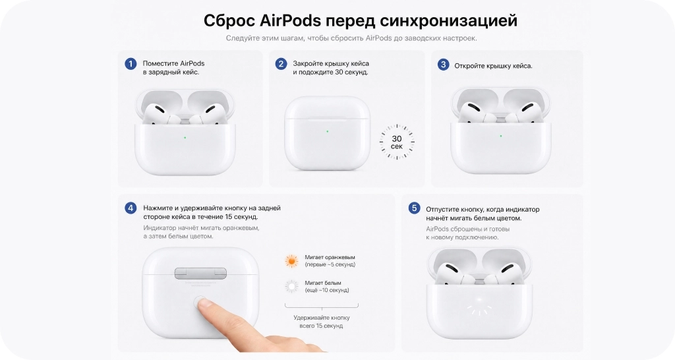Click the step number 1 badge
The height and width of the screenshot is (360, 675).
pyautogui.click(x=131, y=64)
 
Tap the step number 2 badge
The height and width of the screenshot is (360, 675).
pyautogui.click(x=281, y=64)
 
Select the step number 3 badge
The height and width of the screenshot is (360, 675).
pyautogui.click(x=443, y=65)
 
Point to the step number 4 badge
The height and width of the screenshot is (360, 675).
pyautogui.click(x=131, y=208)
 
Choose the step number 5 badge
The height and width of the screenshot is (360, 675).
pyautogui.click(x=414, y=208)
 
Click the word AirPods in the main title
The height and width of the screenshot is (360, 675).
pyautogui.click(x=291, y=20)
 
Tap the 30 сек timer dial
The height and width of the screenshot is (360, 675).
pyautogui.click(x=397, y=142)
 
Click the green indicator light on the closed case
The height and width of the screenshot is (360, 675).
pyautogui.click(x=327, y=131)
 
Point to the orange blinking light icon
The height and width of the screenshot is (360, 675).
pyautogui.click(x=292, y=260)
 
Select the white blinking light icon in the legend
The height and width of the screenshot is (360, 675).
pyautogui.click(x=292, y=286)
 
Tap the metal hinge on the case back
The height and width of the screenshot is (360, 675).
pyautogui.click(x=200, y=273)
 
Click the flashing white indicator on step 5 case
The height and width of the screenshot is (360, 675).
pyautogui.click(x=480, y=306)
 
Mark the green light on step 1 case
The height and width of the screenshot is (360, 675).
pyautogui.click(x=185, y=138)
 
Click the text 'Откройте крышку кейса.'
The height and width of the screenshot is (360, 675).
pyautogui.click(x=493, y=66)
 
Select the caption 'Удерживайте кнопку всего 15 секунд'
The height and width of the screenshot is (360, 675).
pyautogui.click(x=322, y=322)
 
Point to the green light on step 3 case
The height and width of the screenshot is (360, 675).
pyautogui.click(x=501, y=136)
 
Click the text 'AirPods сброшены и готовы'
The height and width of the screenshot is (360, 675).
pyautogui.click(x=468, y=229)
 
